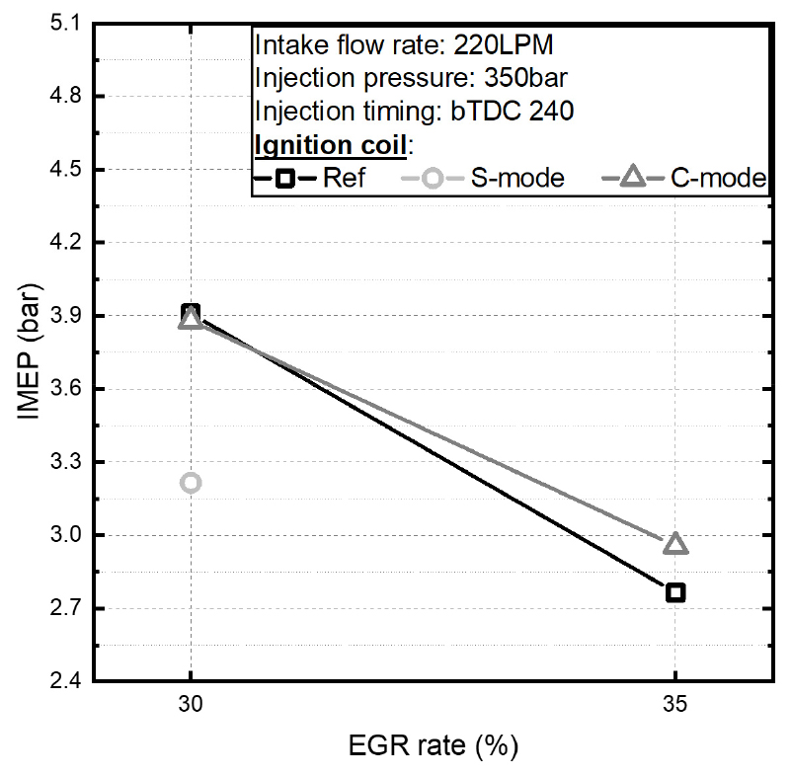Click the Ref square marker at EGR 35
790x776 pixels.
675,592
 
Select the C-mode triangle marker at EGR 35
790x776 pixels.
675,544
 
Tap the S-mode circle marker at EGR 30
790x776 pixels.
192,483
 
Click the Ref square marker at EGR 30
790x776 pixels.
191,314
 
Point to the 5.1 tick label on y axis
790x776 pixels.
61,24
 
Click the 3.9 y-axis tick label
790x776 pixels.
61,316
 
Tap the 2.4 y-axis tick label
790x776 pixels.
61,681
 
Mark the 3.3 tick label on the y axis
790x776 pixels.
61,462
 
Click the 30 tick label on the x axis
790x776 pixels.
191,707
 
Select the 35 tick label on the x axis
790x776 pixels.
675,707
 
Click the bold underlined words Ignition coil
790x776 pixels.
329,144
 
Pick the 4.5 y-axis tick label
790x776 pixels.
61,170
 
